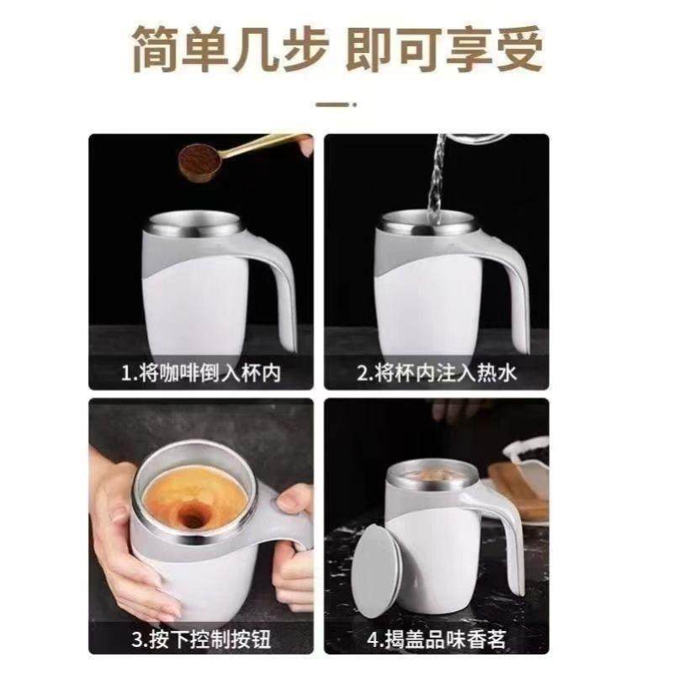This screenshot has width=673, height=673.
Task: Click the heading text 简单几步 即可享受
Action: [336, 48]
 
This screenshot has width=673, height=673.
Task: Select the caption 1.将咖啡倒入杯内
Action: [203, 373]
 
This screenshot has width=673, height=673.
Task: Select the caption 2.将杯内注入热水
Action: [437, 373]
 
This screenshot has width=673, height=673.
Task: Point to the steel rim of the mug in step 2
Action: [421, 225]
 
